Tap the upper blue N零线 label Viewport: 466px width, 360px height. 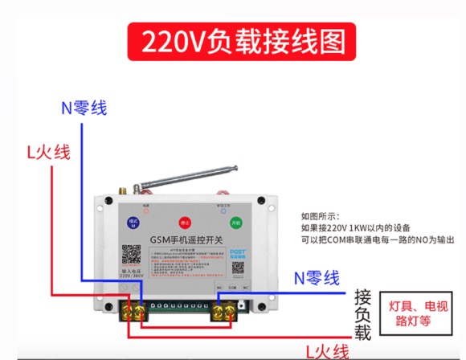[x=84, y=107]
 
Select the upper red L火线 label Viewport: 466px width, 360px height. [x=48, y=152]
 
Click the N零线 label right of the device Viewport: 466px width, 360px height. [x=317, y=278]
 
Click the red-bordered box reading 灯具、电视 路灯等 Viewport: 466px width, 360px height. [x=415, y=312]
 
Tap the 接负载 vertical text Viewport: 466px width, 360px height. [x=362, y=313]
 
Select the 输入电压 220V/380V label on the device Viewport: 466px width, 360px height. [x=132, y=276]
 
